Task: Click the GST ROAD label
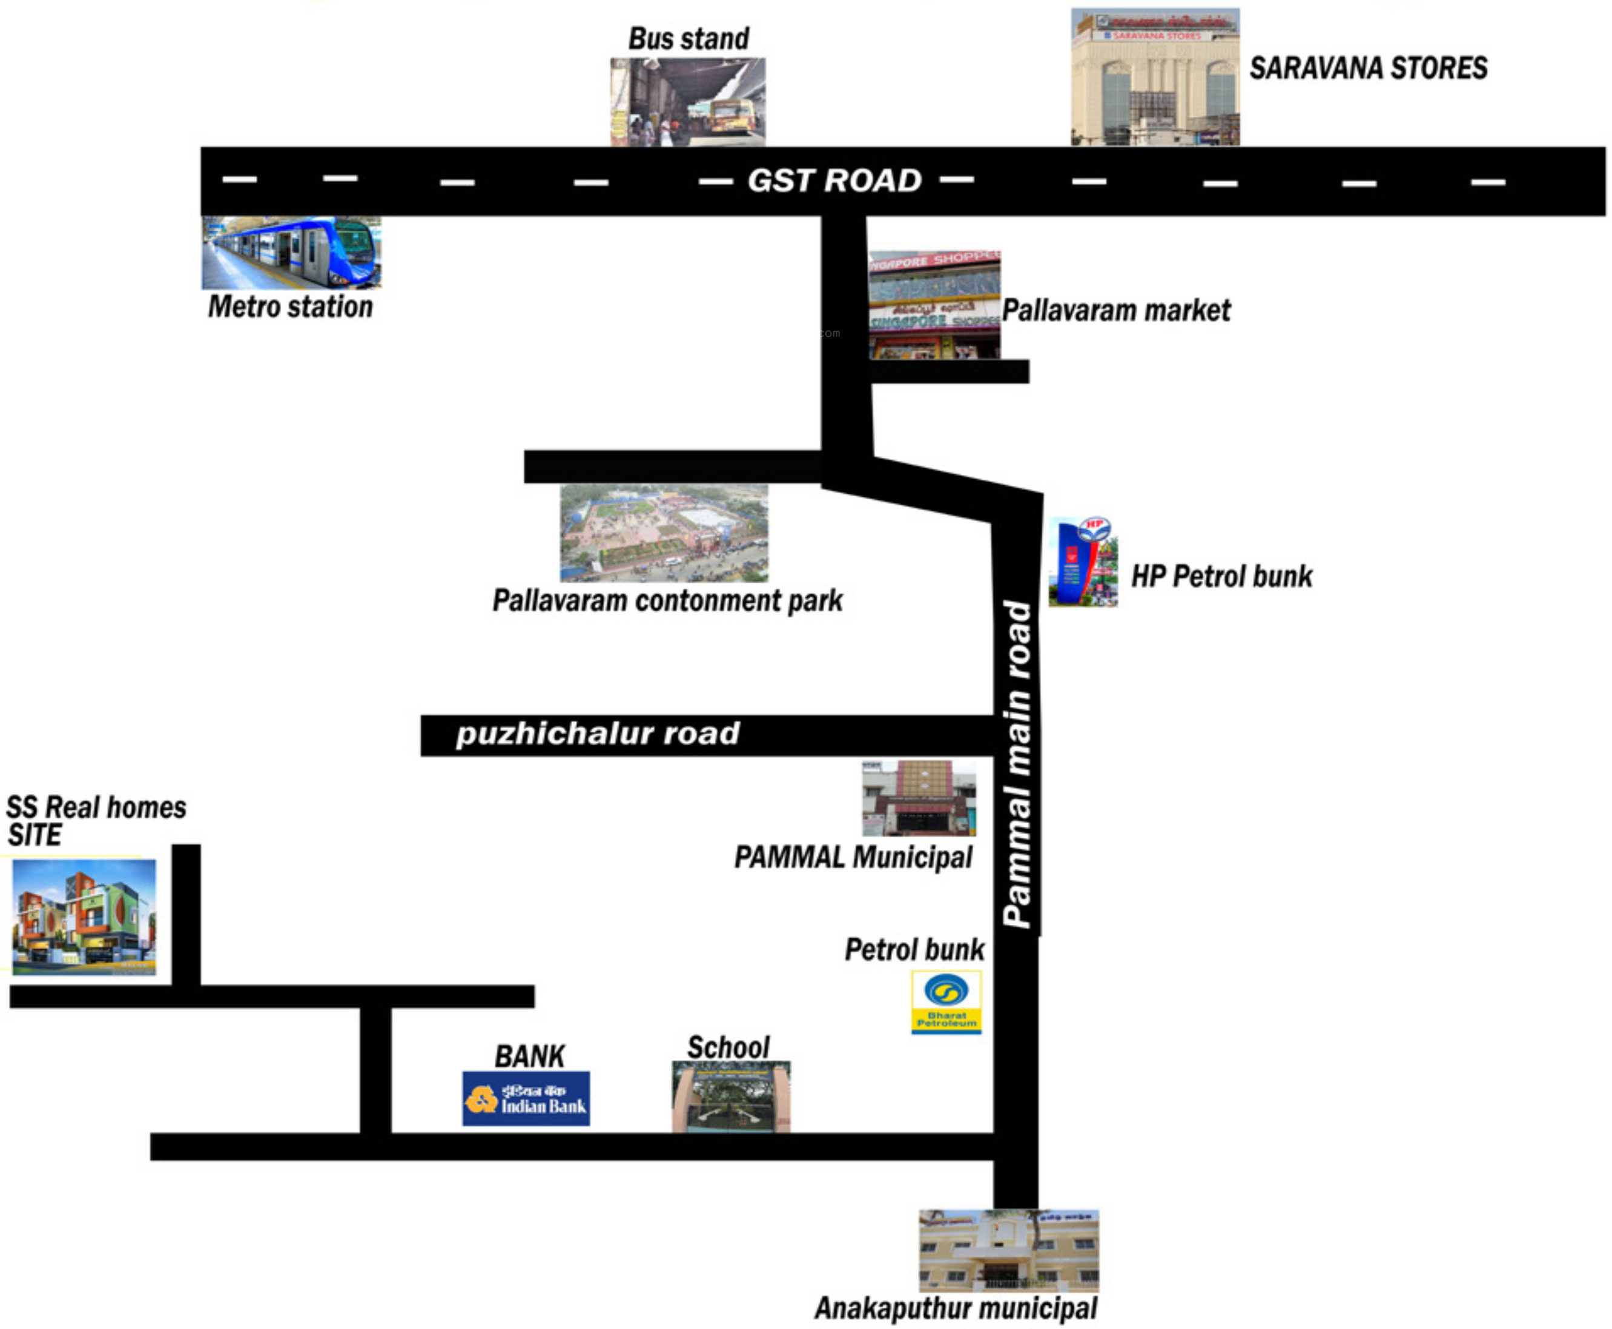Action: (834, 181)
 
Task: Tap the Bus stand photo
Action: (687, 102)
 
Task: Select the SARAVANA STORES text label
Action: (1368, 68)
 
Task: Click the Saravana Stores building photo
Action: (1154, 78)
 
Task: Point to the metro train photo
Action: (291, 253)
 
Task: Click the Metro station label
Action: (290, 307)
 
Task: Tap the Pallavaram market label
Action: (1116, 311)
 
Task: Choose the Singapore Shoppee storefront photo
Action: (934, 305)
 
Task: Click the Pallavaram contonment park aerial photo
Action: (664, 533)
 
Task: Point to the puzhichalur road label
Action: (598, 734)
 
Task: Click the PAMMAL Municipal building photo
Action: (919, 798)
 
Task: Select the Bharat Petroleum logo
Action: (946, 1002)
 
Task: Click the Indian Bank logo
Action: (526, 1099)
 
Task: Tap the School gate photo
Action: (731, 1097)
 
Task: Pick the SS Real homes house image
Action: (84, 916)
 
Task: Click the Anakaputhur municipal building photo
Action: (1009, 1250)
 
